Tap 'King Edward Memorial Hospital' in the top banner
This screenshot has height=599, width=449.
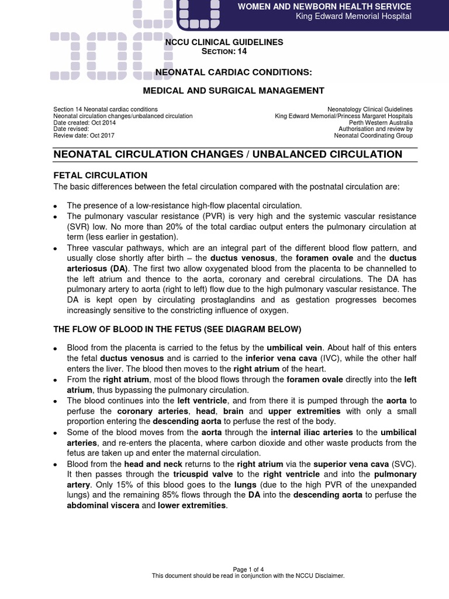tap(354, 16)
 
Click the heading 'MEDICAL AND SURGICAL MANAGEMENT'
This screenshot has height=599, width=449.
tap(234, 91)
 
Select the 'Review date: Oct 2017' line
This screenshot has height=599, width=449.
tap(84, 135)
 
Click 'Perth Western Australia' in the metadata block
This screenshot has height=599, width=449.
tap(381, 122)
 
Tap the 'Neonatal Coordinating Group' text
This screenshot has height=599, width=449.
tap(373, 135)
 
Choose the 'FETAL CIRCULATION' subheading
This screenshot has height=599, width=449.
tap(100, 175)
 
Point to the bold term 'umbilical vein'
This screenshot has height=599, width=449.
tap(293, 347)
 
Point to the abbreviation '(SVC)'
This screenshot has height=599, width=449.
tap(403, 463)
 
